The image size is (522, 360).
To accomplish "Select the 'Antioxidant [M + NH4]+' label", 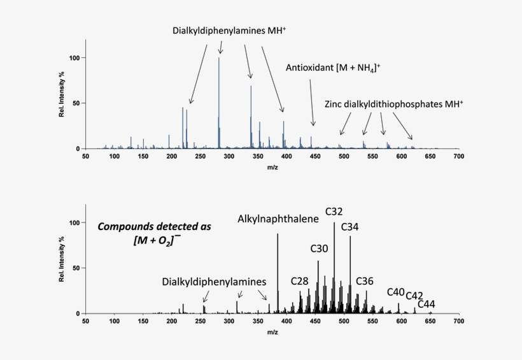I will pos(333,68).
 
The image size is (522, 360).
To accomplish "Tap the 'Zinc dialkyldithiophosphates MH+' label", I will pos(394,103).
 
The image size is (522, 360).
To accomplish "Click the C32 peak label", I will pos(335,212).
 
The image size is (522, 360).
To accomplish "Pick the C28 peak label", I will pos(300,281).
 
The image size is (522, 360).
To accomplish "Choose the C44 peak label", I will pos(427,304).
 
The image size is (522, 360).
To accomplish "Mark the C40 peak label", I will pos(395,292).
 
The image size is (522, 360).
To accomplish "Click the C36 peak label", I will pos(365,281).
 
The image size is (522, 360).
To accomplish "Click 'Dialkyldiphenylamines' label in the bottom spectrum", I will pos(213,281).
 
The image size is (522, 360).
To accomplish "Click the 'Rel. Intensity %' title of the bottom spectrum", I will pos(62,260).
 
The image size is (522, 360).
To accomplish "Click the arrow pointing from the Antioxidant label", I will pos(312,102).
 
